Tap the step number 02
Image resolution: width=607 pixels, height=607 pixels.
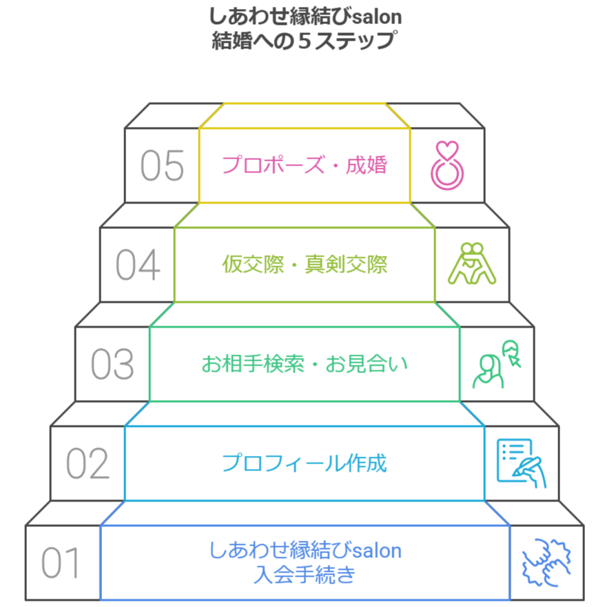click(x=88, y=464)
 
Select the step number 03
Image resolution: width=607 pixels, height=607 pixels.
click(x=112, y=364)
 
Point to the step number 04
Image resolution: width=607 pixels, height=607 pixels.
click(x=137, y=266)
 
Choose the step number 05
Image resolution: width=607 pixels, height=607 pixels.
click(x=162, y=166)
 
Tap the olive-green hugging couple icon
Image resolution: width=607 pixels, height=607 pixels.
click(x=472, y=264)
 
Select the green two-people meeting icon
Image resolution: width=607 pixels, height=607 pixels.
click(x=496, y=364)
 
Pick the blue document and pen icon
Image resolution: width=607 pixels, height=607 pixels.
click(x=521, y=463)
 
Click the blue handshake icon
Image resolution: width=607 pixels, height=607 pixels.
click(x=546, y=562)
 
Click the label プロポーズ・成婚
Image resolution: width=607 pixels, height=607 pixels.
click(x=305, y=166)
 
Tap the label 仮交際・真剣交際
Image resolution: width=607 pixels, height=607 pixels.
click(x=305, y=265)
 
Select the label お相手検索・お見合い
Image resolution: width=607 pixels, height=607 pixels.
click(x=305, y=364)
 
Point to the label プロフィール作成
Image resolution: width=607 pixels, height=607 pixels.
click(x=305, y=463)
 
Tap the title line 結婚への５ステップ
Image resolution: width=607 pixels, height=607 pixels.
click(x=305, y=39)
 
